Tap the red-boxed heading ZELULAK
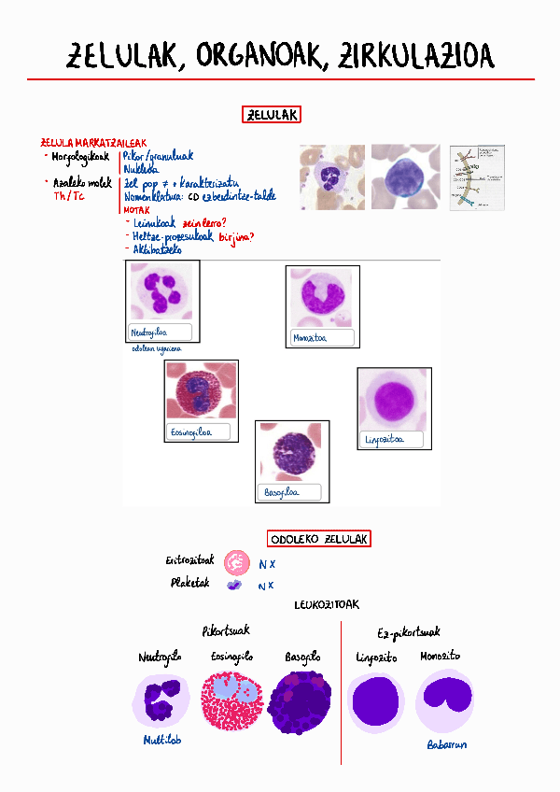272,115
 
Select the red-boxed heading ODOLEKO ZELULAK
319,539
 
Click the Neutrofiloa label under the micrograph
159,332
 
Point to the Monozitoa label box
322,337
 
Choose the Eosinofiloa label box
201,432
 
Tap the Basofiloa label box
290,492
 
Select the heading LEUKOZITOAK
326,605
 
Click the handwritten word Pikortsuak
226,631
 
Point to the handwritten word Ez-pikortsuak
412,633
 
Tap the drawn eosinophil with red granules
233,701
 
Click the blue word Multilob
161,740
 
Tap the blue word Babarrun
446,744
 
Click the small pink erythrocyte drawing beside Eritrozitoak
236,562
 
